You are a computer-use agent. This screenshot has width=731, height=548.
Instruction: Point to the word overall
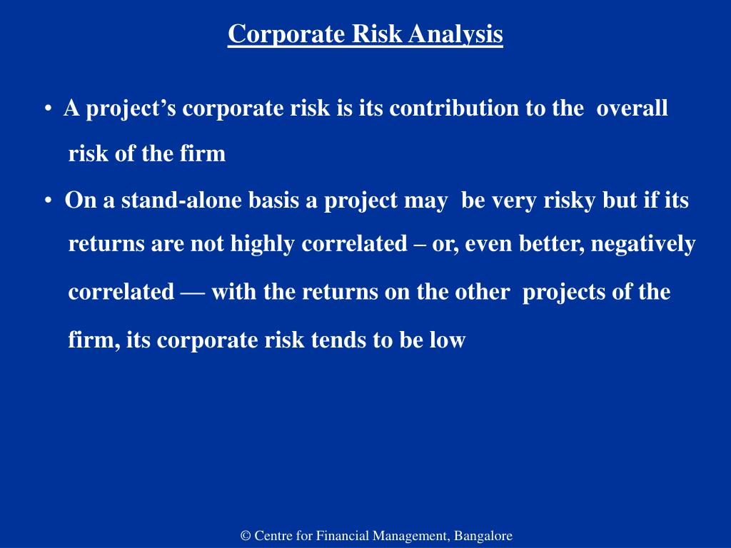(632, 108)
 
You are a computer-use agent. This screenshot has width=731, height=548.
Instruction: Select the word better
(548, 244)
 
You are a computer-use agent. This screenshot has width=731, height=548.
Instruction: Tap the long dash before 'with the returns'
(192, 293)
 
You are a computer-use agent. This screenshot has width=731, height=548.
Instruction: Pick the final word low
(447, 340)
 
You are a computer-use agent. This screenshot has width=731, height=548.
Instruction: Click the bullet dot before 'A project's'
(47, 109)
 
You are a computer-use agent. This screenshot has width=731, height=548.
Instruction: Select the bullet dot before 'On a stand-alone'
(47, 201)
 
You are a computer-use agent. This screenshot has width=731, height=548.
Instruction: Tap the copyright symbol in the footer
(246, 536)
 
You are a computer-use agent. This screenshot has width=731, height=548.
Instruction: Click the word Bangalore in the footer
(483, 536)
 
